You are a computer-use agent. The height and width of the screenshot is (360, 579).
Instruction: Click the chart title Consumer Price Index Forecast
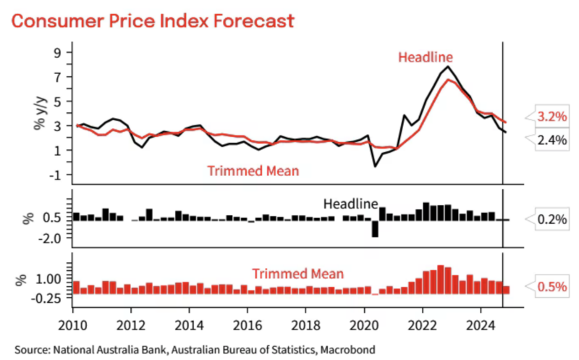[x=153, y=20]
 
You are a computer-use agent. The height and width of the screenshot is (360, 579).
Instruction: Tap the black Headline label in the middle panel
[x=351, y=205]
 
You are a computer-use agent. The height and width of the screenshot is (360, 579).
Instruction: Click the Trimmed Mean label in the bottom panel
[x=297, y=273]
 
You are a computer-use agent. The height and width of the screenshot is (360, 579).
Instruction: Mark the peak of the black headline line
[x=449, y=67]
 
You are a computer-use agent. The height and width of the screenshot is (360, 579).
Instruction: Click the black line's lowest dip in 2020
[x=375, y=167]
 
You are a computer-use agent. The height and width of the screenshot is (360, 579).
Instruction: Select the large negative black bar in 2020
[x=375, y=227]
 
